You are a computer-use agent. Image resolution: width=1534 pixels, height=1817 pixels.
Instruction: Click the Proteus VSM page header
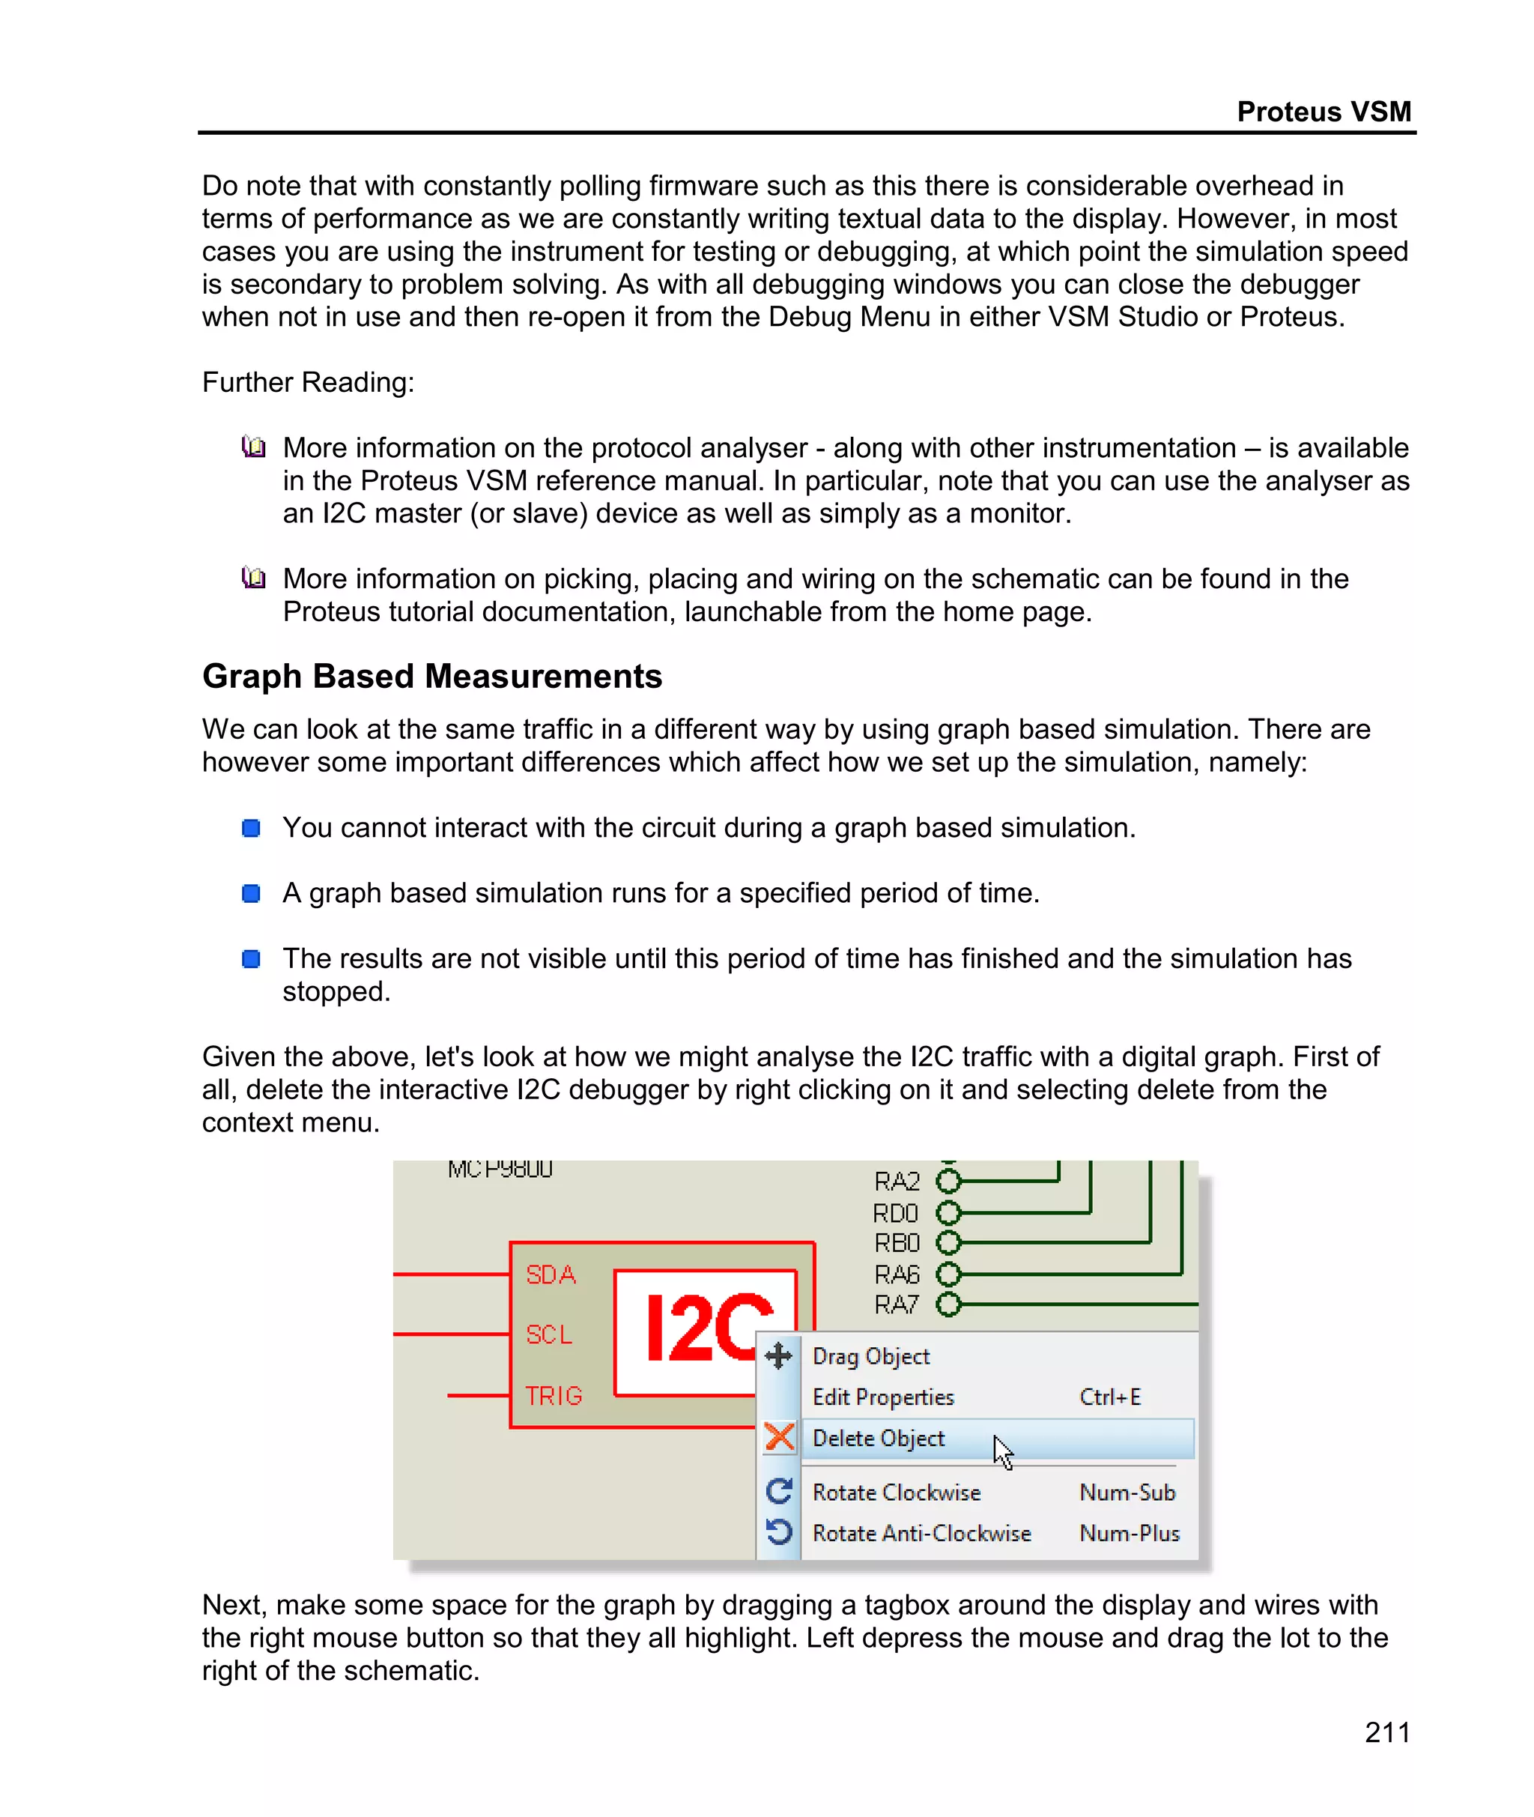[x=1323, y=112]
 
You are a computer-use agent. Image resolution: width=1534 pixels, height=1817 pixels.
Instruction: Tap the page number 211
[x=1387, y=1732]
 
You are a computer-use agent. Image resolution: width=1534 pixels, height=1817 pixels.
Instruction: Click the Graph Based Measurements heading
[x=432, y=676]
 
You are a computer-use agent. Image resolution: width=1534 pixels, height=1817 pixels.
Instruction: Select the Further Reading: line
[x=308, y=383]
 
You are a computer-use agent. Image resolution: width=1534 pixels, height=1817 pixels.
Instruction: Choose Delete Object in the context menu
[x=879, y=1439]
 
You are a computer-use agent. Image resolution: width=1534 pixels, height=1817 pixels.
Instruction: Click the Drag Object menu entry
[x=870, y=1356]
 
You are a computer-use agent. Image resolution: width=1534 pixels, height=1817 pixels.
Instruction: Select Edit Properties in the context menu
[x=882, y=1397]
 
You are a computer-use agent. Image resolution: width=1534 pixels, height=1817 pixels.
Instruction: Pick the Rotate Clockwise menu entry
[x=897, y=1493]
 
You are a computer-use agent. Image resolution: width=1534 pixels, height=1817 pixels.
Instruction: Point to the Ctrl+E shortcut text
[x=1109, y=1397]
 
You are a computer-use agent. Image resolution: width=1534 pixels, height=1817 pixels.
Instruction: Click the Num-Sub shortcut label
[x=1127, y=1493]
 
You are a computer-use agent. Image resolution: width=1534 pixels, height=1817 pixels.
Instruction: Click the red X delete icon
[x=779, y=1438]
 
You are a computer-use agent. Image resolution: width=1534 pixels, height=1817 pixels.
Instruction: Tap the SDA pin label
[x=551, y=1275]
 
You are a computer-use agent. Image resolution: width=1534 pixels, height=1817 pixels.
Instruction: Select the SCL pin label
[x=549, y=1334]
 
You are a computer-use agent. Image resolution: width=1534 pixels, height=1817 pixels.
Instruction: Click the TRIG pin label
[x=553, y=1396]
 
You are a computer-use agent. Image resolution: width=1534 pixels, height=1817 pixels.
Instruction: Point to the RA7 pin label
[x=897, y=1304]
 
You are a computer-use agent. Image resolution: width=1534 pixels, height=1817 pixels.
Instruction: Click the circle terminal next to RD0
[x=949, y=1212]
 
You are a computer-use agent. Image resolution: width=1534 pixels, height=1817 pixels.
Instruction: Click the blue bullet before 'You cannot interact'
[x=252, y=828]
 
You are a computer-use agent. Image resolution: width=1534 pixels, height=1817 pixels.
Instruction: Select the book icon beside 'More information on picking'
[x=253, y=578]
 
